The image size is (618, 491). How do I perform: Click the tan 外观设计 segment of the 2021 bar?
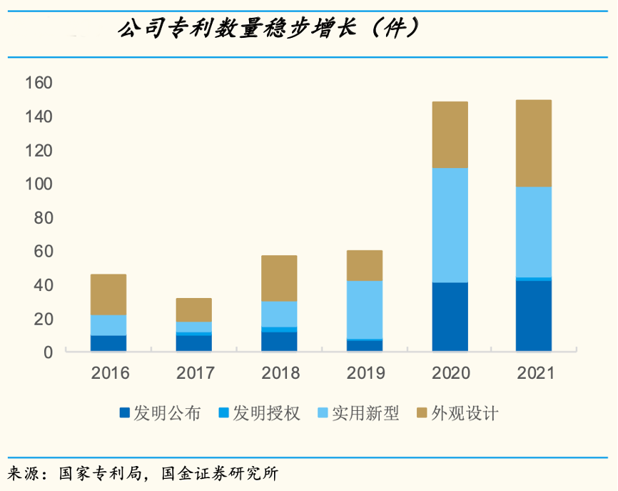pos(533,143)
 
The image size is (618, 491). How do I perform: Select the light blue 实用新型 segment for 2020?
pos(450,225)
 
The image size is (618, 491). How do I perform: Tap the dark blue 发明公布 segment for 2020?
pos(450,317)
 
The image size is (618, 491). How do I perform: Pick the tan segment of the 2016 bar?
pos(108,294)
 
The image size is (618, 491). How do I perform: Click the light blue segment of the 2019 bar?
pos(364,309)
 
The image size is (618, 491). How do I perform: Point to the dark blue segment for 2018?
pos(279,341)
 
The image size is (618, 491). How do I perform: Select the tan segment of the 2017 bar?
pos(193,309)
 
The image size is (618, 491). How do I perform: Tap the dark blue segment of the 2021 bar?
pos(533,315)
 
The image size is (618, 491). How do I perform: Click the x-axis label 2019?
pos(364,373)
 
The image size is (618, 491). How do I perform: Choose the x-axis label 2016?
pos(108,373)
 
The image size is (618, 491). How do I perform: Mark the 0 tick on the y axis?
pos(48,352)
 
